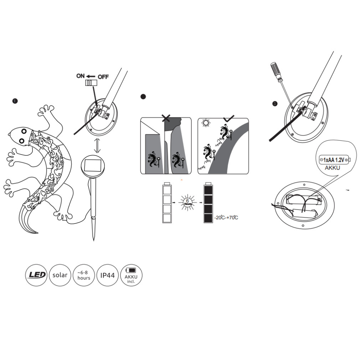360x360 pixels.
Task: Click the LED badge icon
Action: pos(36,275)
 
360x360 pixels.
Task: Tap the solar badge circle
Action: pos(60,275)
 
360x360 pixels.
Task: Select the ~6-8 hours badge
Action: pos(84,275)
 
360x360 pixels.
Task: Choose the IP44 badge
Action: pos(107,275)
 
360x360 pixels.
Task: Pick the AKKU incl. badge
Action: pos(131,275)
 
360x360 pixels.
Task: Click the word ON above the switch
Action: pos(80,76)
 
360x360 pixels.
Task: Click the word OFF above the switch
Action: pos(103,77)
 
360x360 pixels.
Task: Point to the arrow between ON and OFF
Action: pos(91,76)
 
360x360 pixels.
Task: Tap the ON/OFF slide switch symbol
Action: pos(91,83)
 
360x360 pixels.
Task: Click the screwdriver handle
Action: pos(276,71)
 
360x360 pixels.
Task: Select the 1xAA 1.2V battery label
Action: pos(334,160)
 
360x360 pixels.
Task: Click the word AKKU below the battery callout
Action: pos(333,168)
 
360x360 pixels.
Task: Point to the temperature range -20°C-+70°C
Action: pos(226,217)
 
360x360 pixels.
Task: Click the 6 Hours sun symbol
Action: pos(188,202)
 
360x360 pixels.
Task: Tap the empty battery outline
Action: pos(167,202)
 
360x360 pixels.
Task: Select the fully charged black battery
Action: pos(208,202)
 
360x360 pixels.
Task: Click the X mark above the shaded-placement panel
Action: pos(166,118)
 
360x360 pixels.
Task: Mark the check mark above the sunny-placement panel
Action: pos(229,118)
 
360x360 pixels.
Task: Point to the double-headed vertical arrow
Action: pos(97,145)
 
